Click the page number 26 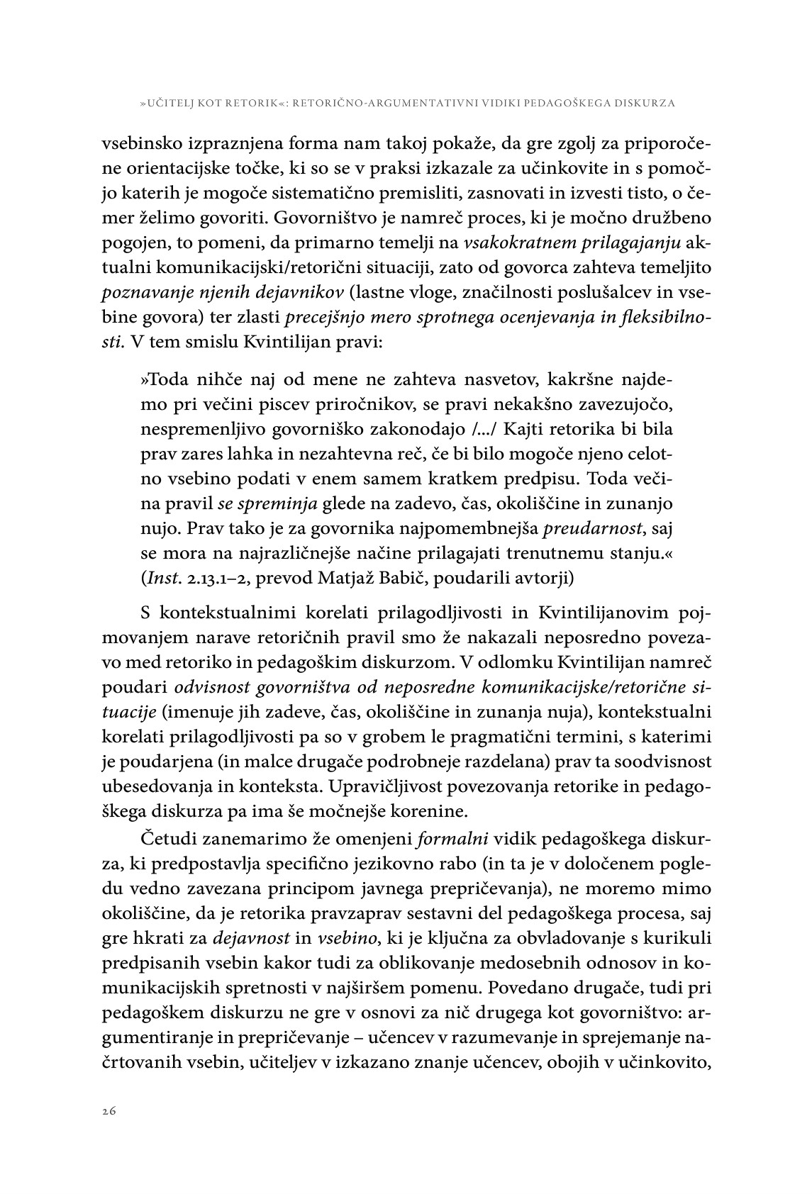tap(109, 1111)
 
